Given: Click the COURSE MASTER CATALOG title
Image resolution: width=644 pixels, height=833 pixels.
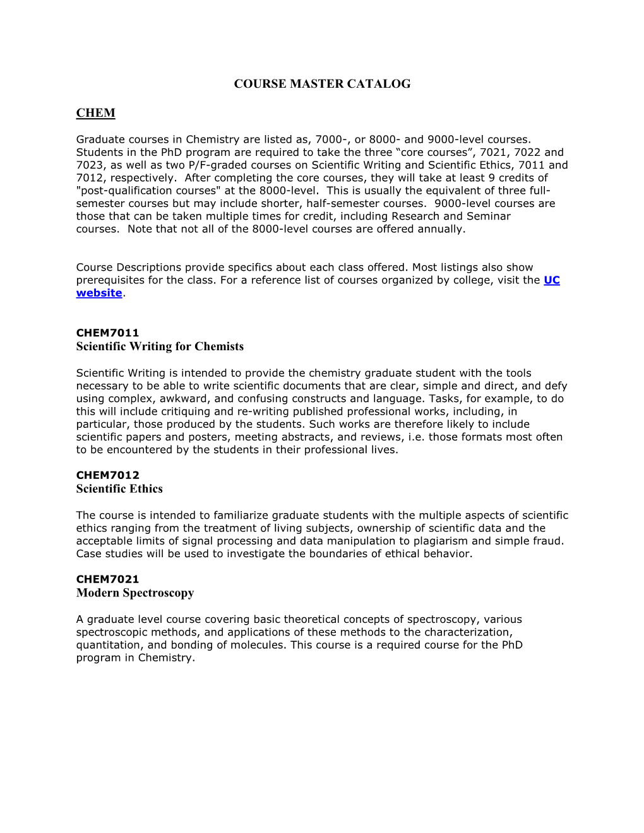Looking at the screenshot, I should (x=322, y=84).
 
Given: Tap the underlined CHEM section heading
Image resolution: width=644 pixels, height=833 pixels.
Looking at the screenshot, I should (x=95, y=113).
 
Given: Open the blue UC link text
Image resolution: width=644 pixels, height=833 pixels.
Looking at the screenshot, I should (x=551, y=280).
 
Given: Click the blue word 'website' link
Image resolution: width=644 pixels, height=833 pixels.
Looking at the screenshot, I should (x=99, y=293).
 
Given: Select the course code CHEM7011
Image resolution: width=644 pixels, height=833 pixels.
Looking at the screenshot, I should (x=107, y=333).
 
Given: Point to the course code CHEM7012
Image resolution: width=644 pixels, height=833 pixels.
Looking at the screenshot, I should (x=107, y=475).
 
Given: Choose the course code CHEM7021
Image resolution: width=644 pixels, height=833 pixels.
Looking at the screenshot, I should (x=107, y=579).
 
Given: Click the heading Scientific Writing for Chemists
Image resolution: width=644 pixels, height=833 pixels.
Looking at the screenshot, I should (x=160, y=346).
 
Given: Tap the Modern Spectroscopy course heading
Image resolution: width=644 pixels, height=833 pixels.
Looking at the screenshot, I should (x=135, y=593).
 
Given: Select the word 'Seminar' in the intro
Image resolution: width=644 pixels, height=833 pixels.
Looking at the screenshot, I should (x=489, y=216).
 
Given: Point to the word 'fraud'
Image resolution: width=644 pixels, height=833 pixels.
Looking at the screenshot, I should (x=547, y=541).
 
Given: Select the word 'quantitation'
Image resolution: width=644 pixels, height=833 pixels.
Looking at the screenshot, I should (x=109, y=645).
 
